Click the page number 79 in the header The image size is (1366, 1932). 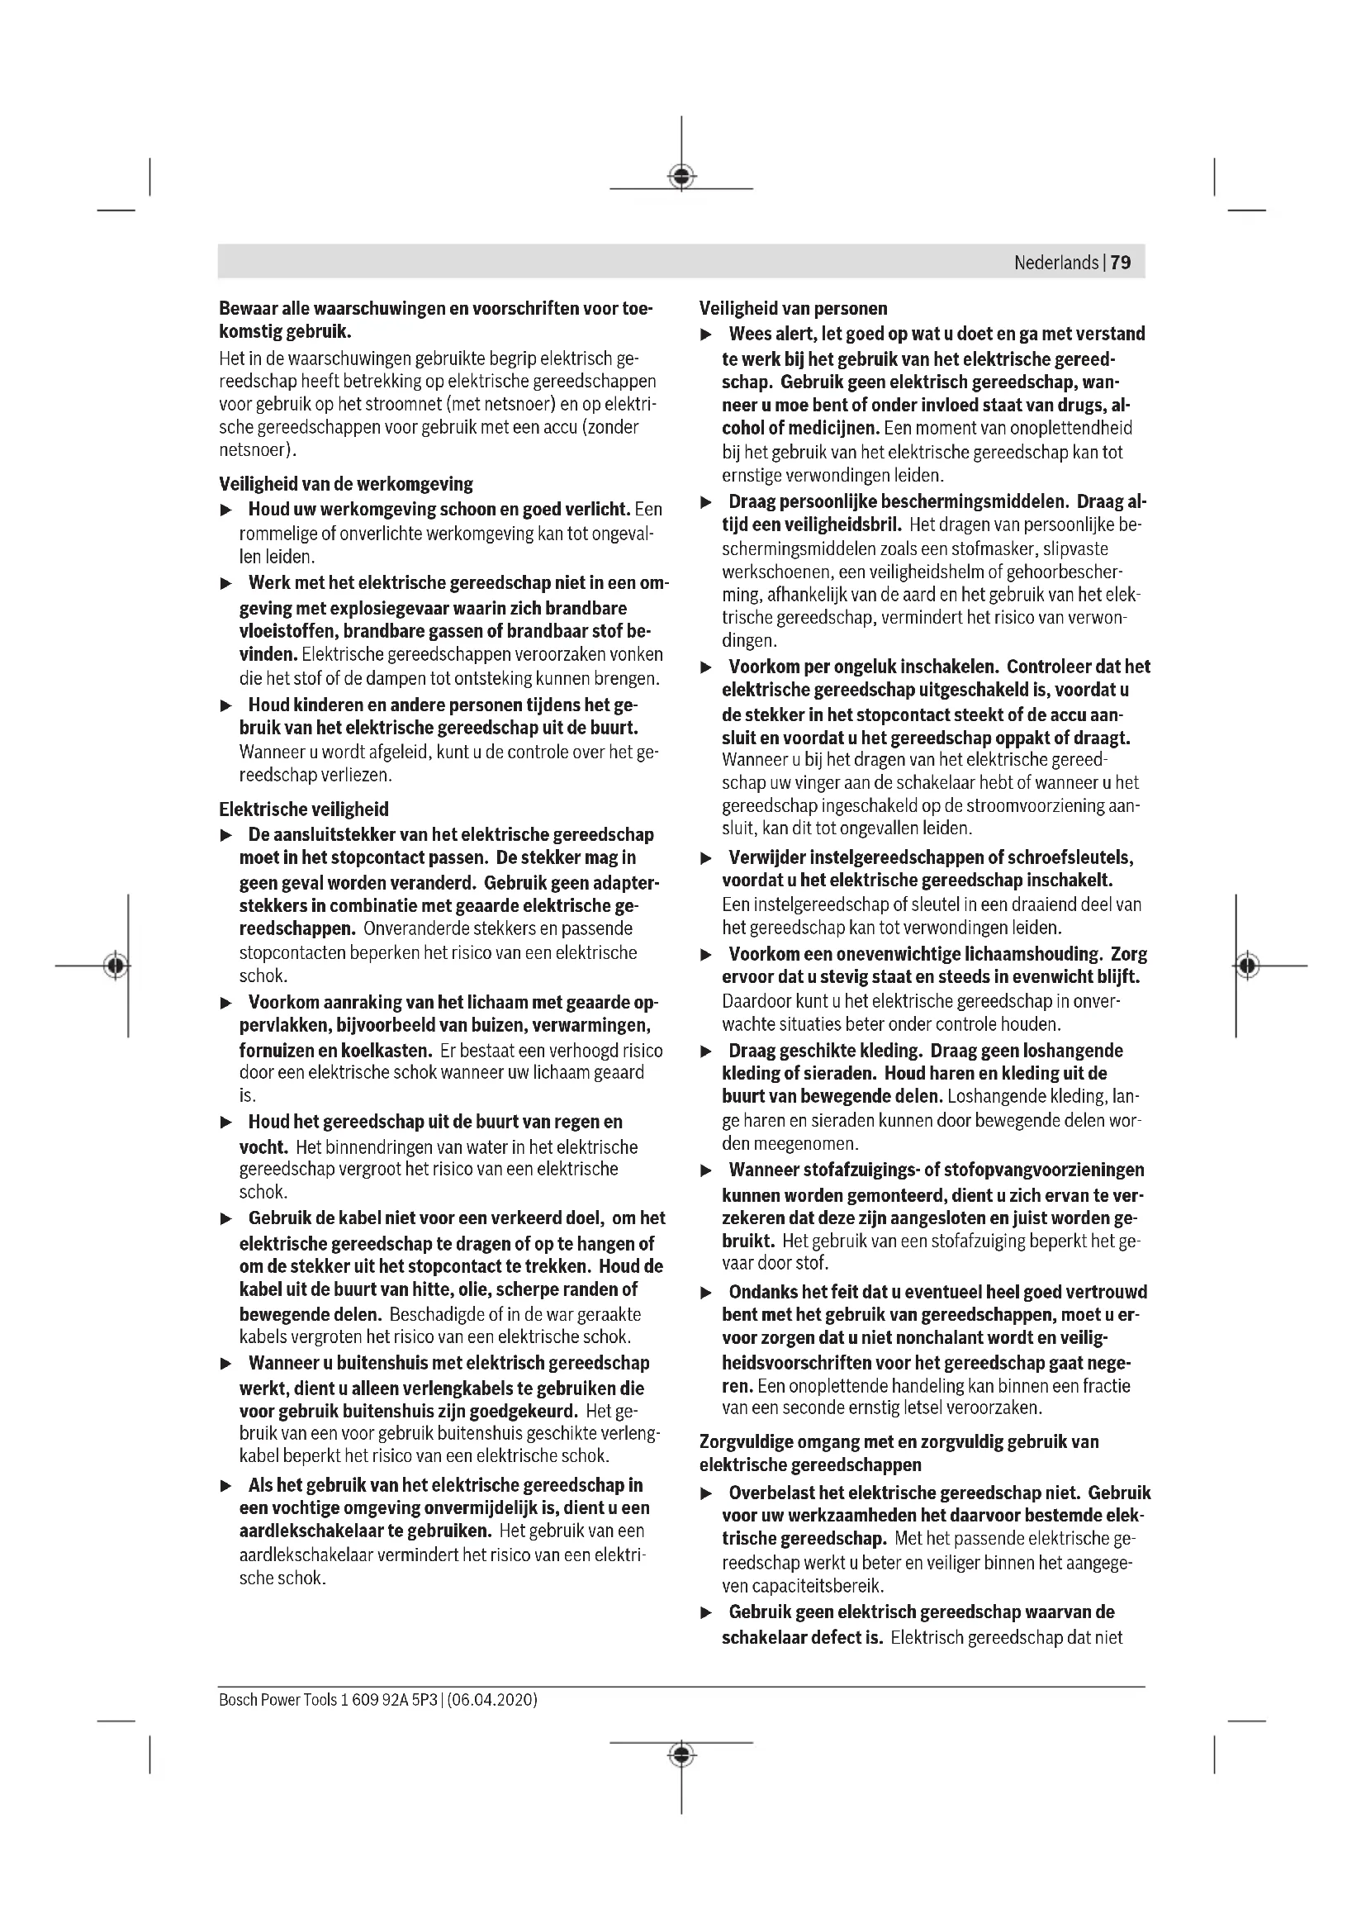pos(1121,263)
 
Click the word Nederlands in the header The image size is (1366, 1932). pos(1055,263)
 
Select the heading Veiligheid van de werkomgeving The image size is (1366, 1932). pos(346,484)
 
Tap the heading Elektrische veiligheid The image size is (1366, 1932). pos(304,809)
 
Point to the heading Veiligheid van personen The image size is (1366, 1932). pos(793,308)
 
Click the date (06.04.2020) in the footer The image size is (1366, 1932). pos(492,1699)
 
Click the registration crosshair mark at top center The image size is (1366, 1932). pos(681,177)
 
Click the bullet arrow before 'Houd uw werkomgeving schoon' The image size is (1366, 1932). pos(225,510)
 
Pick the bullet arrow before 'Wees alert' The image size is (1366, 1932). pos(707,335)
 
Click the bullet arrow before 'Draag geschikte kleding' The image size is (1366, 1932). pos(707,1051)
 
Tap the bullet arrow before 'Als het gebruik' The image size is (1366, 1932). pos(225,1486)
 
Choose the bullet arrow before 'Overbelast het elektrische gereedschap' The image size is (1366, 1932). pos(707,1493)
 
